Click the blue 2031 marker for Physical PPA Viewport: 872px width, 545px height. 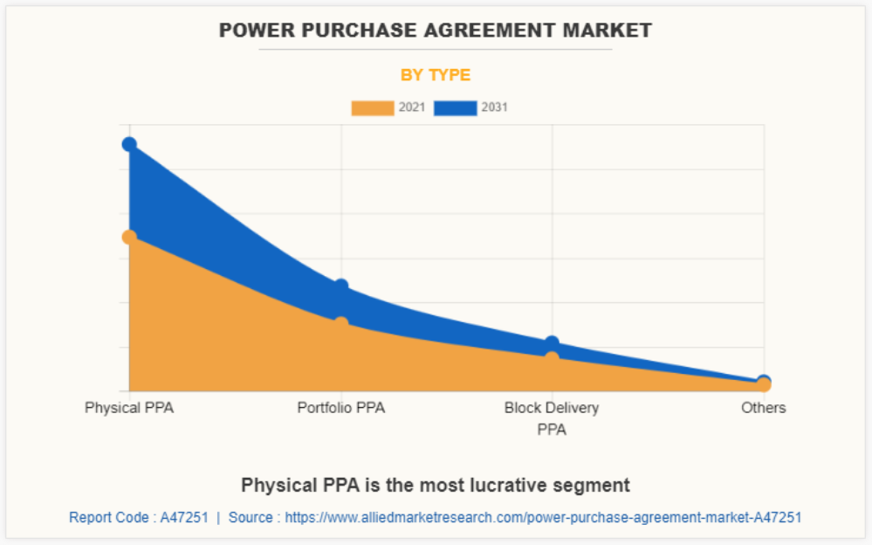[129, 144]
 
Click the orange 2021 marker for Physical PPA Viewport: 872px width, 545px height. [129, 237]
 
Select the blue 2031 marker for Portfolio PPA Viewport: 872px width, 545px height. [340, 286]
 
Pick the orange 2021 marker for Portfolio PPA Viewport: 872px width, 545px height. [340, 324]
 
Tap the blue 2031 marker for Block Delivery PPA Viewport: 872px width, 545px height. [552, 343]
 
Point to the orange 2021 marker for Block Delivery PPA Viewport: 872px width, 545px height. [552, 357]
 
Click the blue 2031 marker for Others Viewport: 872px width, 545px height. [764, 381]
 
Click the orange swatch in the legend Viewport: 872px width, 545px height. [373, 108]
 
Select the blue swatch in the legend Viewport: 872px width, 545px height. [456, 108]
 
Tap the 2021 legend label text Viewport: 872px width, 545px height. [412, 108]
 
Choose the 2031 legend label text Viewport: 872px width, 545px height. [494, 108]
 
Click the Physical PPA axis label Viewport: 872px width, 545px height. [129, 408]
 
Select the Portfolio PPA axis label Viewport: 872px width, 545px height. [340, 408]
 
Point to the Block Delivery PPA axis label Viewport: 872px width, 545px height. [552, 418]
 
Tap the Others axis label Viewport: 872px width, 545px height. [764, 408]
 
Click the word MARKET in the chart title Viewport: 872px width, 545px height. [609, 31]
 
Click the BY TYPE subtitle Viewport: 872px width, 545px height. [436, 75]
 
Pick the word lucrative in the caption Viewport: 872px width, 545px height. [525, 485]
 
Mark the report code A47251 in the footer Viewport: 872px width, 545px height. [184, 518]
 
